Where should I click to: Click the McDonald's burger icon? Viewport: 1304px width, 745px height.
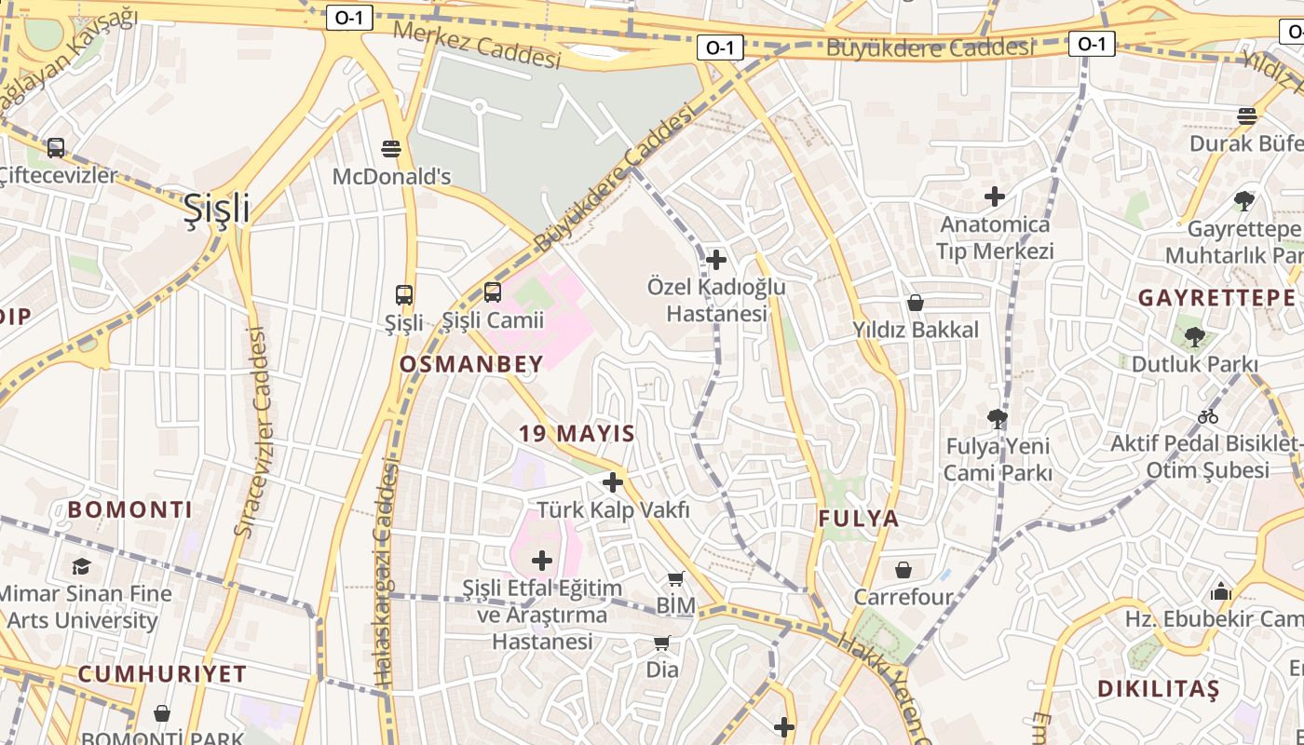pos(391,148)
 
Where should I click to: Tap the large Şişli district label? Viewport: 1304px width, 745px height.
pos(216,208)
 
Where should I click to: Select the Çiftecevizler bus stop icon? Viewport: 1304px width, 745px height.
pos(56,147)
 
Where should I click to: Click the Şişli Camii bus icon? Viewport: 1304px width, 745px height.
pos(492,292)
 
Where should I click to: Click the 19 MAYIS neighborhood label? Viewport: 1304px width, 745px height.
pos(577,433)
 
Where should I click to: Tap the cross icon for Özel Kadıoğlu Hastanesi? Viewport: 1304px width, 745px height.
pos(716,259)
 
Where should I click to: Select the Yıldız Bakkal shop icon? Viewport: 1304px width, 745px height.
pos(916,303)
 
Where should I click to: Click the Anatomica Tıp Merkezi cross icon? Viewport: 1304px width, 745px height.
pos(995,196)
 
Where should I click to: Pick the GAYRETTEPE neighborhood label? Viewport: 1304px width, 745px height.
pos(1216,298)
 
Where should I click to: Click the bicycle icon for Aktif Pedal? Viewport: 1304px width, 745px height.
pos(1208,416)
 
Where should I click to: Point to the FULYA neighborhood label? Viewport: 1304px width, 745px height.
pos(859,519)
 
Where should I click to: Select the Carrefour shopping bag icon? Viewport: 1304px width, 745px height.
pos(903,570)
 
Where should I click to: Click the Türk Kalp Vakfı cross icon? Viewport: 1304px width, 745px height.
pos(613,482)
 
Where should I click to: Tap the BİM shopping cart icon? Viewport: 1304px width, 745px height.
pos(676,579)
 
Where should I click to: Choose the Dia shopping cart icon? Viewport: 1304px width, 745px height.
pos(662,643)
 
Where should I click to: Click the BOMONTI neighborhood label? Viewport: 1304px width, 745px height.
pos(130,509)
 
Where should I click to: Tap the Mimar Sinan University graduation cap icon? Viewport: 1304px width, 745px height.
pos(82,566)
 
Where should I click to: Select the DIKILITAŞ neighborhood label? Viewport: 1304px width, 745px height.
pos(1158,690)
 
